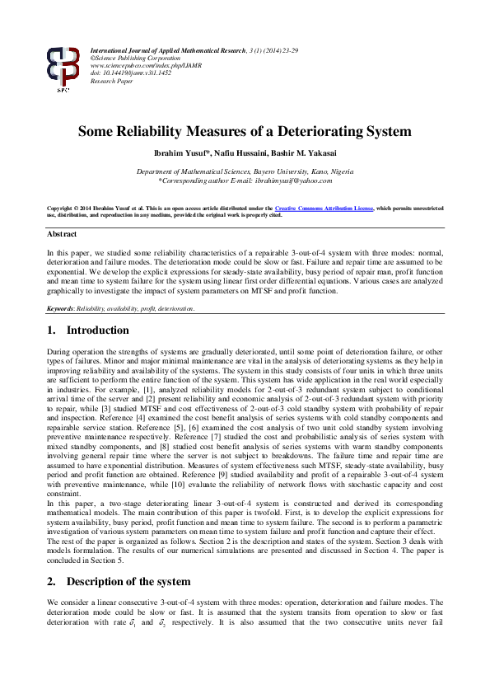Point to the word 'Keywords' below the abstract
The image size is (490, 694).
click(x=60, y=308)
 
